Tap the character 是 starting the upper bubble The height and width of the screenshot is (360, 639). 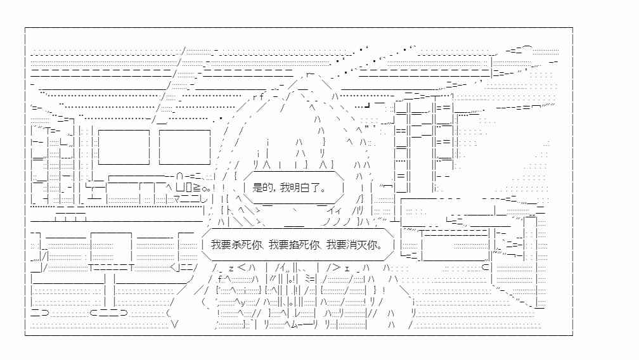257,188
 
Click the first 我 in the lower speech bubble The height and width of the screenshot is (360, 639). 216,245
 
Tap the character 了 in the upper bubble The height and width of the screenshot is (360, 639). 316,188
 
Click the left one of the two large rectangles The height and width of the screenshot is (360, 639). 124,147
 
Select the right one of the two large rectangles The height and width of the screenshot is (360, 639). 184,147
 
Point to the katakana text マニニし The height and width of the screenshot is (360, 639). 190,200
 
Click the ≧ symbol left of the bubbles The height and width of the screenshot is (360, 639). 196,188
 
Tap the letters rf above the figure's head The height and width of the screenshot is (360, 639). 258,97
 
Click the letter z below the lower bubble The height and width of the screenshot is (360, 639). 231,268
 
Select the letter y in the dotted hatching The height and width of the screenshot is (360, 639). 243,302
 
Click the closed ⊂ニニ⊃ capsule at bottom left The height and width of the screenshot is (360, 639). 109,312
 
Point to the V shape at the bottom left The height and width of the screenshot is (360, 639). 175,325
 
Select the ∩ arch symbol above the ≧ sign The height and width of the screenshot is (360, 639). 180,176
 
